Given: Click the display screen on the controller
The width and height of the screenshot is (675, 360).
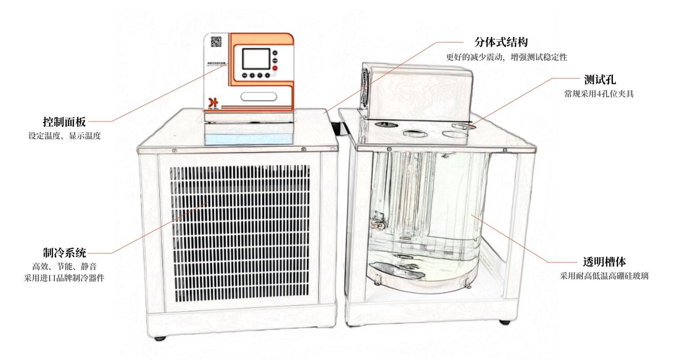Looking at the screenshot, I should click(x=256, y=58).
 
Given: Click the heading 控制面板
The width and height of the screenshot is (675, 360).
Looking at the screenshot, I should click(x=64, y=121).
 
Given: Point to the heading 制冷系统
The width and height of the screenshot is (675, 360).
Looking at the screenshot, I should click(x=64, y=252).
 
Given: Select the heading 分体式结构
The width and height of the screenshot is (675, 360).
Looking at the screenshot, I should click(x=501, y=42).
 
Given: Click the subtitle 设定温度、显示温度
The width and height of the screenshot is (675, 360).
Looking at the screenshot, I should click(x=64, y=136).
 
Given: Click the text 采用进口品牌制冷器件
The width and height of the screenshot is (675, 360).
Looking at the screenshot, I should click(x=64, y=278).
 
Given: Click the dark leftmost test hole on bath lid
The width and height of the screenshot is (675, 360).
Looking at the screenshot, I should click(x=382, y=125).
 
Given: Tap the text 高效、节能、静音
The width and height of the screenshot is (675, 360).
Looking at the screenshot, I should click(x=64, y=266).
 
